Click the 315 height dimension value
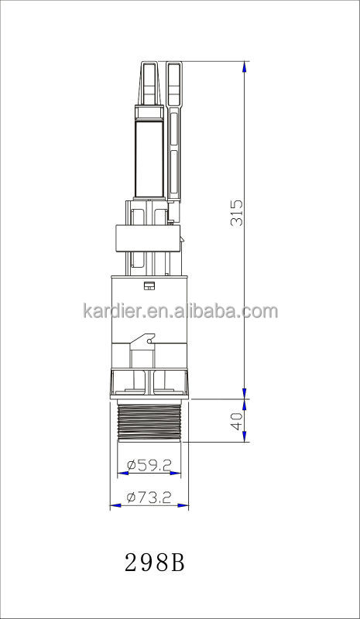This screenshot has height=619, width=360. click(x=237, y=213)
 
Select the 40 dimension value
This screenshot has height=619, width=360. click(x=237, y=421)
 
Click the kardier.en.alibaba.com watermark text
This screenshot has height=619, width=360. click(x=180, y=312)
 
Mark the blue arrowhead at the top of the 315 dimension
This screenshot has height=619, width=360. click(x=245, y=67)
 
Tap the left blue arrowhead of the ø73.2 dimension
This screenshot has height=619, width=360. click(x=115, y=506)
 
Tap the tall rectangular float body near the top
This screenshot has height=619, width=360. click(x=149, y=159)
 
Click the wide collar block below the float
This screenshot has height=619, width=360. click(x=147, y=238)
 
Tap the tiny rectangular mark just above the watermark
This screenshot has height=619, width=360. click(x=149, y=285)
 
